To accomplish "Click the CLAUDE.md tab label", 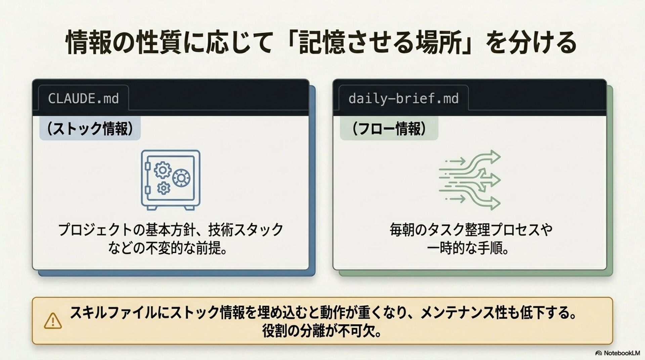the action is (83, 98).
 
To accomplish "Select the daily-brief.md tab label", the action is (403, 98).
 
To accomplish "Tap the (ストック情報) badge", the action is (90, 128).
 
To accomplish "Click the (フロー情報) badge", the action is (389, 128).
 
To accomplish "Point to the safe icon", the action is (171, 180).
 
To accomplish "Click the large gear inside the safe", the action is (163, 170).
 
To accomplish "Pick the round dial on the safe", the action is (181, 178).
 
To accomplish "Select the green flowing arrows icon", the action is (470, 180).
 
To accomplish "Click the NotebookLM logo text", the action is (617, 353).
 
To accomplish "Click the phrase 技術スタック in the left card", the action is (246, 230).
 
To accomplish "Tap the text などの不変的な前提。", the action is (168, 249).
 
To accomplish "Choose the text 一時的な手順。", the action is (468, 249).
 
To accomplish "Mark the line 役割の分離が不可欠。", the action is (322, 331).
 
